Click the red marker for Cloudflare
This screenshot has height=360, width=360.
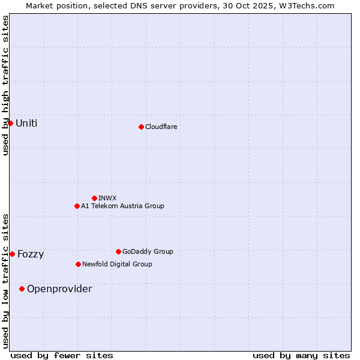pyautogui.click(x=141, y=127)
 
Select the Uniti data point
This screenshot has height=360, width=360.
pyautogui.click(x=10, y=123)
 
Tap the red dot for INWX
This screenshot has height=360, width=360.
pyautogui.click(x=94, y=198)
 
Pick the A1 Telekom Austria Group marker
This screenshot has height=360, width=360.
pyautogui.click(x=77, y=206)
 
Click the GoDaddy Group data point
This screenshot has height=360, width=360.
pyautogui.click(x=118, y=251)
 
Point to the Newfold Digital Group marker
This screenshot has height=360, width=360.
pyautogui.click(x=78, y=264)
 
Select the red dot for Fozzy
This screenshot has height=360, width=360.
pyautogui.click(x=12, y=254)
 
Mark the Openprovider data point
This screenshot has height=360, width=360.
pyautogui.click(x=22, y=289)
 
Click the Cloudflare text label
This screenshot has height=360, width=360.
pyautogui.click(x=161, y=127)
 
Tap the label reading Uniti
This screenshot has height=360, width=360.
pyautogui.click(x=26, y=123)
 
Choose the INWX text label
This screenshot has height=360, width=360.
pyautogui.click(x=107, y=198)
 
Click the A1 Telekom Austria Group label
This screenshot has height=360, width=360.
pyautogui.click(x=122, y=206)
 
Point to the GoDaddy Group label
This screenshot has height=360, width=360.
pyautogui.click(x=148, y=251)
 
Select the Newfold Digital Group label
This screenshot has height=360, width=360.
pyautogui.click(x=117, y=264)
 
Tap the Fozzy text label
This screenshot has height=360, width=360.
pyautogui.click(x=31, y=254)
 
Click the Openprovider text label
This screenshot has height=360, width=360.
pyautogui.click(x=59, y=289)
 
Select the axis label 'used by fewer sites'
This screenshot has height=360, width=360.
pyautogui.click(x=62, y=355)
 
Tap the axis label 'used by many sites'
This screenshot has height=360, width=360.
pyautogui.click(x=301, y=355)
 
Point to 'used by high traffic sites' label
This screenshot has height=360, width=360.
pyautogui.click(x=5, y=85)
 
